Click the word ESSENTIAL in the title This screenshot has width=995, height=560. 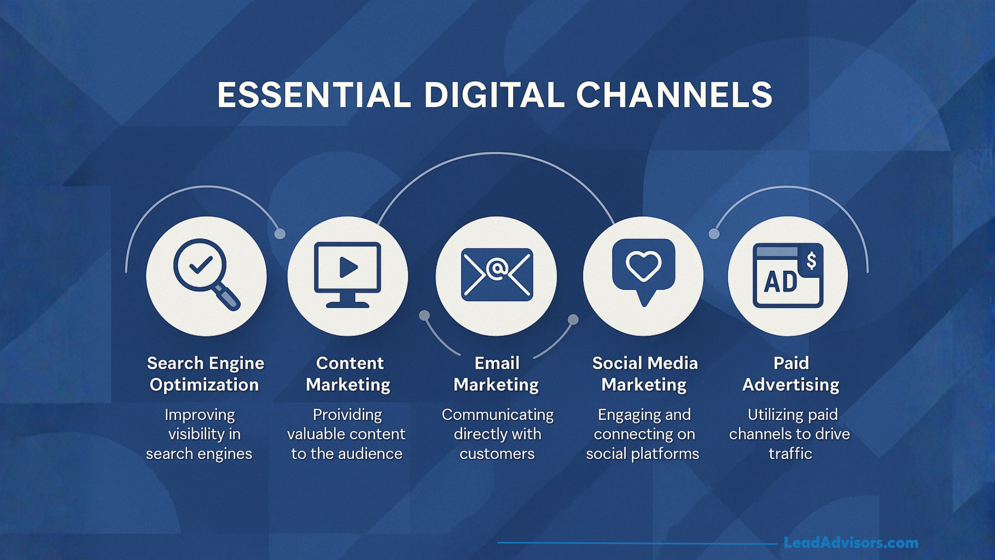point(314,95)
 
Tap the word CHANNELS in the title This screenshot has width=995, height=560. point(674,95)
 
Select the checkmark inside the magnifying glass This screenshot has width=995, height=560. point(201,265)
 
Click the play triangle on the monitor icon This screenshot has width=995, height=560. point(348,268)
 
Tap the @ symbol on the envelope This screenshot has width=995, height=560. point(496,269)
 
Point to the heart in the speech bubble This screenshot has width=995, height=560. point(644,265)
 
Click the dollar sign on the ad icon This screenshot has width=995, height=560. point(811,260)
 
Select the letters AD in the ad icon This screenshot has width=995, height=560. point(780,282)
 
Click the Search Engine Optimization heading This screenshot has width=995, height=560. point(205,374)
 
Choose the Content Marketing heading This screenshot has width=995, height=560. point(348,374)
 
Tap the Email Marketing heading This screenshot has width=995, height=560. point(496,374)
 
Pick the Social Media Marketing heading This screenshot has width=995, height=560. point(644,374)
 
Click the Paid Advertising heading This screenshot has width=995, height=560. point(791,374)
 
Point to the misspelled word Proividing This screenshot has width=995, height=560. point(347,415)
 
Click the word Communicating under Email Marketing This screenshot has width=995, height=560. point(497,415)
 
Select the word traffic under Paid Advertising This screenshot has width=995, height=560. point(790,454)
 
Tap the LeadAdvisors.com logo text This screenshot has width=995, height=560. point(851,543)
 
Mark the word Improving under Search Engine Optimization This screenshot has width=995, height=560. point(200,415)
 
